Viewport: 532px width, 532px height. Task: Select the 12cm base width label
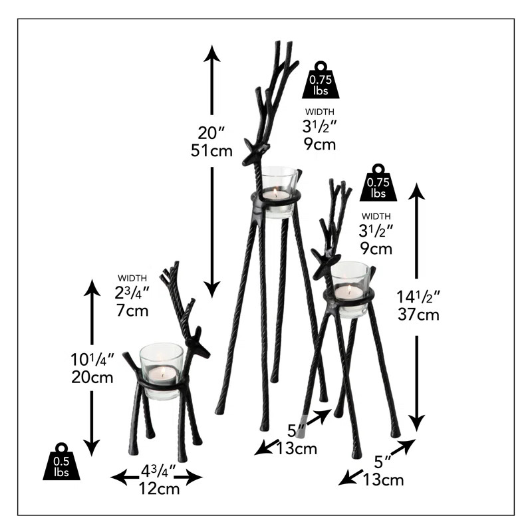click(158, 489)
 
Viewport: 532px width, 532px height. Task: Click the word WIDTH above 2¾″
click(132, 277)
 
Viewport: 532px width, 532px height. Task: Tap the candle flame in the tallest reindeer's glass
click(276, 192)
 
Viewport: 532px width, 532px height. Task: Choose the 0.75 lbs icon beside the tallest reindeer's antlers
click(321, 82)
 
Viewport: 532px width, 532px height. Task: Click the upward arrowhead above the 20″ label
click(211, 53)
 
